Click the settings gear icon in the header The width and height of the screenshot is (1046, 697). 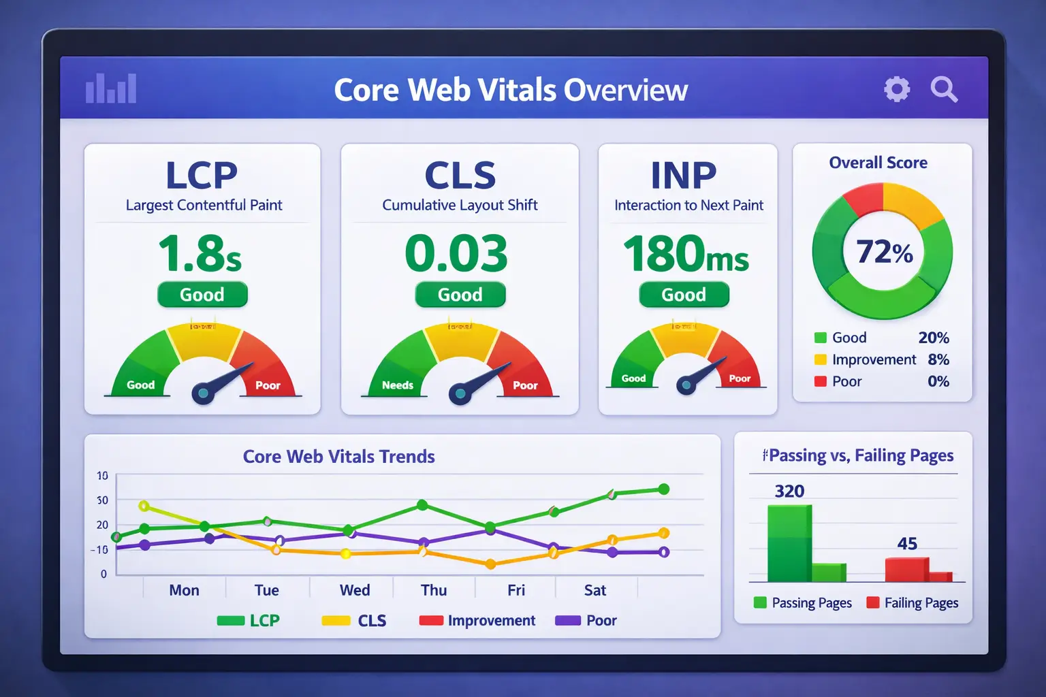(x=897, y=89)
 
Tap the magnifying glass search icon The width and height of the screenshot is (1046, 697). (x=944, y=89)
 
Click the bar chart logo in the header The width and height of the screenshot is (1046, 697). (x=111, y=88)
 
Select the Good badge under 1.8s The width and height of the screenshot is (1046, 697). (x=202, y=295)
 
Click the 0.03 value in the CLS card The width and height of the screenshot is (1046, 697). (x=456, y=253)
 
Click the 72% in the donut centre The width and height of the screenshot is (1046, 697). (x=884, y=253)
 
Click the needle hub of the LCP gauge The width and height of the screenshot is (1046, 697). (x=202, y=393)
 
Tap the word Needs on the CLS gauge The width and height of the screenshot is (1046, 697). (x=398, y=385)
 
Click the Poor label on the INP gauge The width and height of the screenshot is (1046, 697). (x=740, y=378)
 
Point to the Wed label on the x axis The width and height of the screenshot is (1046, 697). (x=355, y=590)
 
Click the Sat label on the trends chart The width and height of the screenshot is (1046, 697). (x=595, y=590)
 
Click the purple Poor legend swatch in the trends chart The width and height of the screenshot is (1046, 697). (x=567, y=621)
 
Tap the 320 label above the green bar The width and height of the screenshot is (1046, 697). (x=789, y=491)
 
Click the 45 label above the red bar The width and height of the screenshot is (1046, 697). (x=907, y=544)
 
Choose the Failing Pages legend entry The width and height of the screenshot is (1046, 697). (x=913, y=603)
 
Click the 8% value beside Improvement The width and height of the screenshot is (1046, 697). (x=938, y=359)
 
